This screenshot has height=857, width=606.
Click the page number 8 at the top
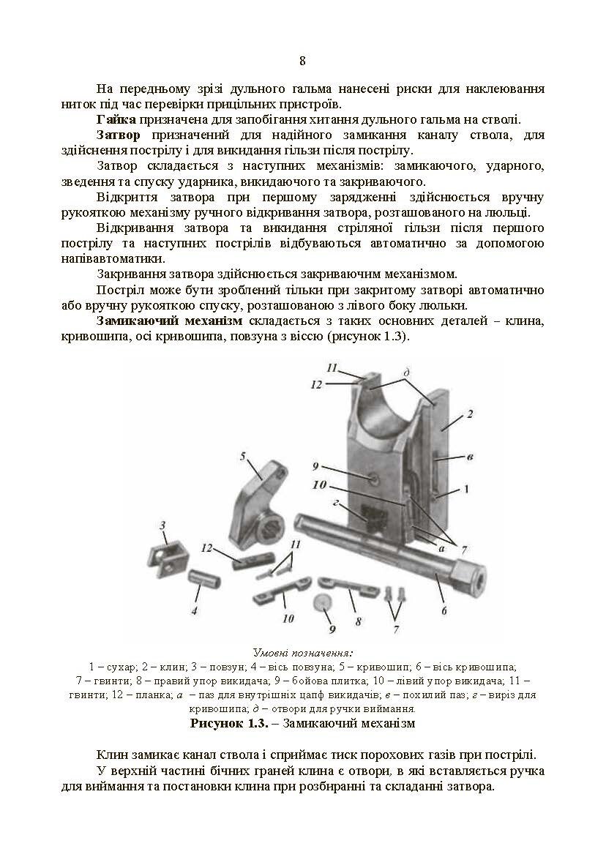[303, 61]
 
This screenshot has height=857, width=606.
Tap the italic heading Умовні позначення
[302, 652]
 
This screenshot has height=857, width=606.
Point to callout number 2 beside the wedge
[469, 413]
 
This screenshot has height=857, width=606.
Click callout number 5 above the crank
[242, 456]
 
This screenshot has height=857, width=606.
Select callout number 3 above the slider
[163, 525]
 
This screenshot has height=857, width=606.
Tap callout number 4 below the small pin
[194, 610]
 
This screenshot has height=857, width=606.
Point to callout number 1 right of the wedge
[465, 487]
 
